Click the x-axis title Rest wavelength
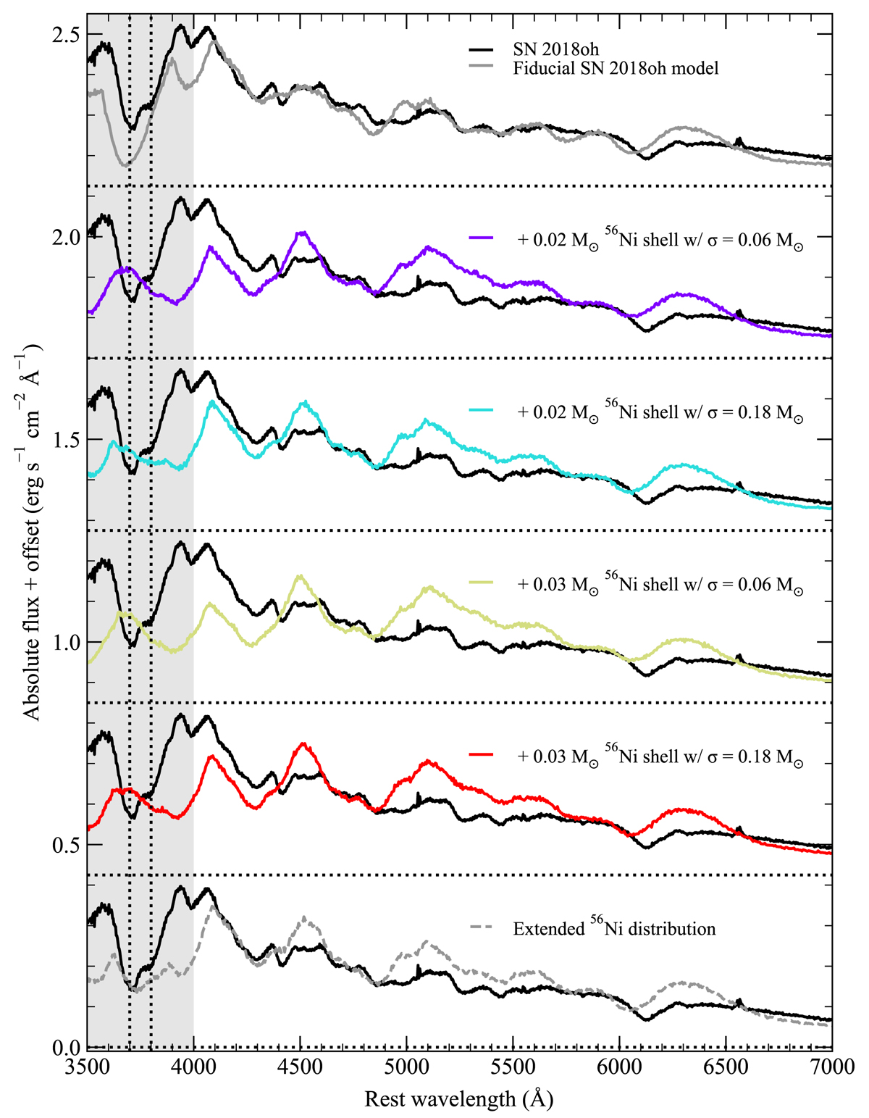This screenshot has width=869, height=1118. pos(459,1100)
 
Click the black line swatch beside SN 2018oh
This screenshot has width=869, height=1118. pos(481,50)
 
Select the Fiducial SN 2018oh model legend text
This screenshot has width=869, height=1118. pos(616,69)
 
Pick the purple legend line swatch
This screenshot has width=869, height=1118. pos(481,238)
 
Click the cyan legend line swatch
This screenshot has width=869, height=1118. pos(481,411)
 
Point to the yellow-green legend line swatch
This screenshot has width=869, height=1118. pos(481,583)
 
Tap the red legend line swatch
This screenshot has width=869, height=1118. pos(481,756)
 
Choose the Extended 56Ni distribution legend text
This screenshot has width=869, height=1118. pos(614,929)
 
